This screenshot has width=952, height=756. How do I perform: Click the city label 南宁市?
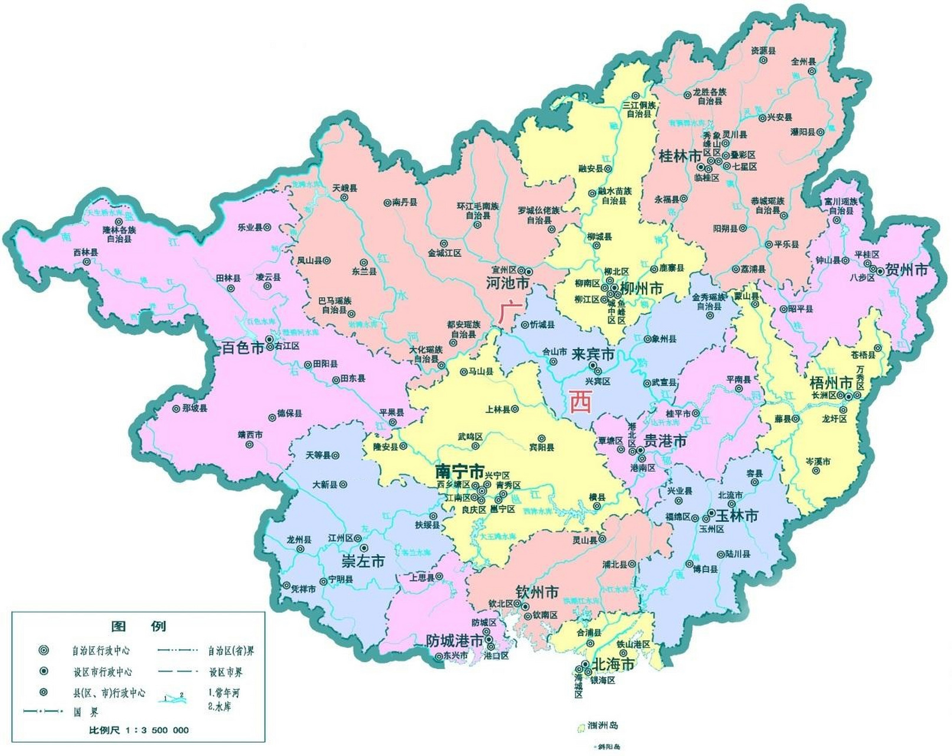click(x=459, y=471)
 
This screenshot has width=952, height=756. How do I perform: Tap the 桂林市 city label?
click(x=680, y=156)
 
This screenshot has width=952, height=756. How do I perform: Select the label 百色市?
click(x=243, y=347)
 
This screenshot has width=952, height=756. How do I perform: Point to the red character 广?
click(x=507, y=312)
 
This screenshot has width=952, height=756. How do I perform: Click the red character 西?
click(x=580, y=402)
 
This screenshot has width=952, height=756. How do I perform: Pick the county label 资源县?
click(x=763, y=51)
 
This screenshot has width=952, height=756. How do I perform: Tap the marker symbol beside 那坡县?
click(x=176, y=409)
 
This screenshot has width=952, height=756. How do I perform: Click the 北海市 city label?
click(x=613, y=664)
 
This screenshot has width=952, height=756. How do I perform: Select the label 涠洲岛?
click(x=603, y=725)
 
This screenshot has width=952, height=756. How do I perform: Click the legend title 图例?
click(x=139, y=626)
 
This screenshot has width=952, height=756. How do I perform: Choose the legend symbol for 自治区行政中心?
click(x=43, y=650)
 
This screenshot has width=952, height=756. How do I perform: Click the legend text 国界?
click(x=86, y=712)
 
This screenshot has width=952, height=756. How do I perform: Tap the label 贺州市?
click(x=907, y=270)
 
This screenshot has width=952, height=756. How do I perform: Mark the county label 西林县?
click(x=86, y=252)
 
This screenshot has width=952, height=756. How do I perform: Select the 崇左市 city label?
click(x=363, y=561)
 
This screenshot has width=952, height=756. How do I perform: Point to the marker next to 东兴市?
click(x=438, y=656)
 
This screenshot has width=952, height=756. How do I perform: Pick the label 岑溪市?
click(x=818, y=461)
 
